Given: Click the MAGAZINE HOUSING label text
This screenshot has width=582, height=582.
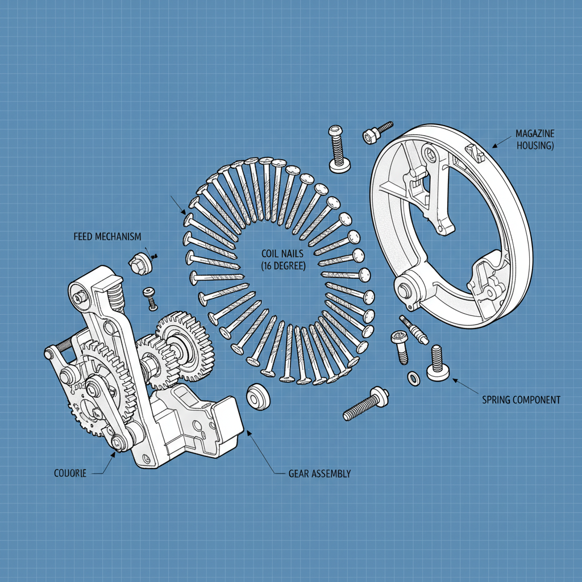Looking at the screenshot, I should coord(535,140).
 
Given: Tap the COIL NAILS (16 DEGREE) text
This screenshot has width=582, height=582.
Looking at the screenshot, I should coord(283,260).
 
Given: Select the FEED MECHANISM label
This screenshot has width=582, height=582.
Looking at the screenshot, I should coord(107,236).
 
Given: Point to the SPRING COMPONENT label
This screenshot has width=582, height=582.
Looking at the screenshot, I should coord(521,400).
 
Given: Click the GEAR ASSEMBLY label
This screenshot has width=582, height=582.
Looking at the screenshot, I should coord(319,473).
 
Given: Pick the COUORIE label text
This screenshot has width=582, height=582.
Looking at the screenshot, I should coord(70,473).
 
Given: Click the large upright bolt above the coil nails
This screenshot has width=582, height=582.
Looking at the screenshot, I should coord(338,149).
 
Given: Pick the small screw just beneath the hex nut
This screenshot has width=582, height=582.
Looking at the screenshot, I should coord(151,298).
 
